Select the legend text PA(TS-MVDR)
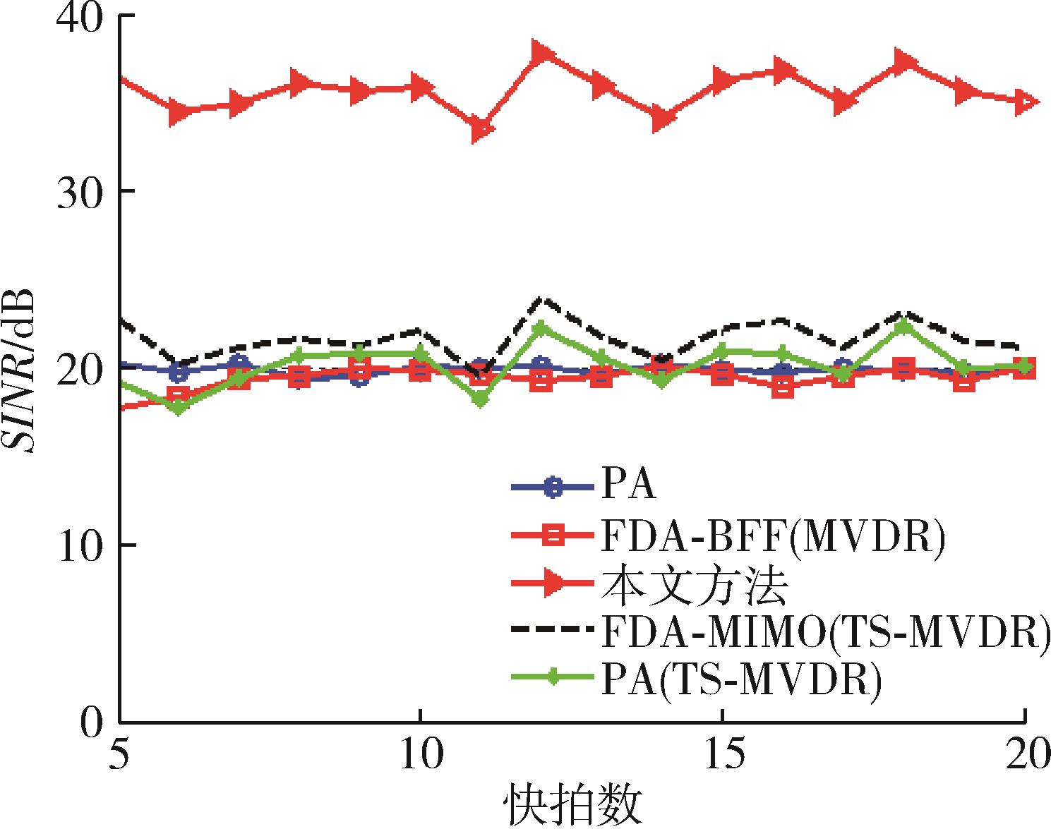click(741, 679)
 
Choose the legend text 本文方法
click(694, 586)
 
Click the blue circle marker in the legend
click(553, 487)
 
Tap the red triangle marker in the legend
click(554, 583)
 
